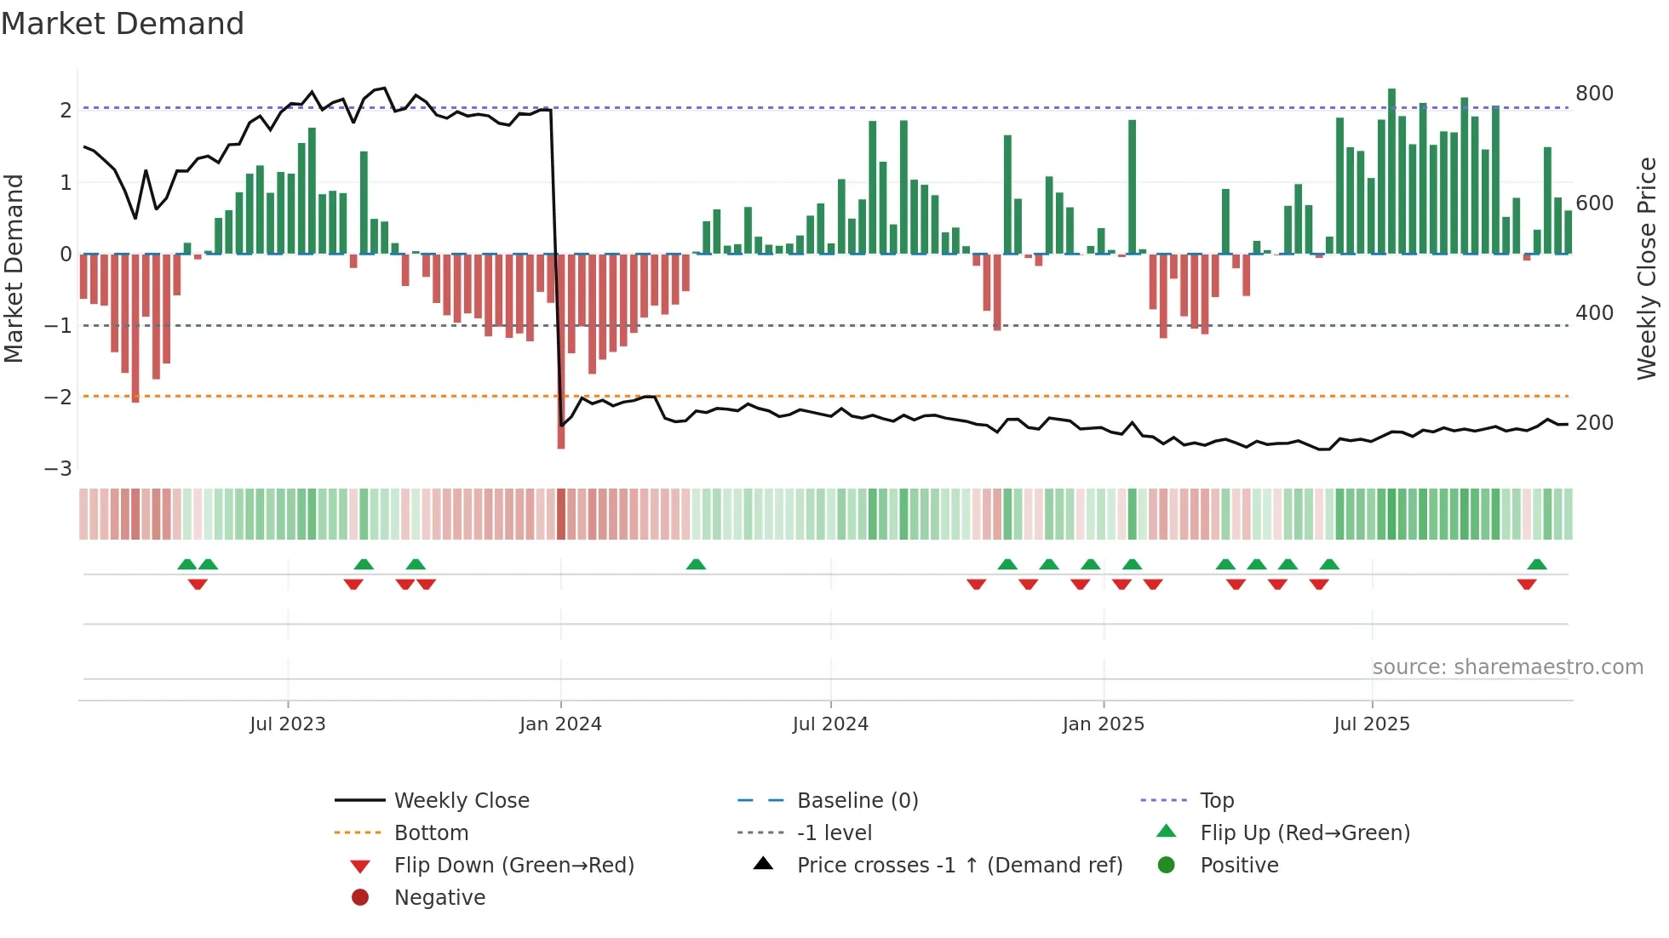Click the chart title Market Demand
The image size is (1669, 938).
(123, 24)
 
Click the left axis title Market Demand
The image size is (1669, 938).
(14, 268)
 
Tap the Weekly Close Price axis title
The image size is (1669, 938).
(1647, 268)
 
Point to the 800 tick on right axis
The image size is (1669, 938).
(1594, 93)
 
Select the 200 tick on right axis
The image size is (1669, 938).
(1594, 423)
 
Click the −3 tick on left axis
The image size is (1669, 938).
(58, 469)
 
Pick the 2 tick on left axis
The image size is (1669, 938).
(65, 110)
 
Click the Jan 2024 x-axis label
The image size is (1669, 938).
(560, 724)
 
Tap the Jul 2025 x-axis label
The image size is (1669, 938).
(1372, 724)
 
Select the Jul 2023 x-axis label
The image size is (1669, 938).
(288, 724)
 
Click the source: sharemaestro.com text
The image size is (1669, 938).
(1507, 667)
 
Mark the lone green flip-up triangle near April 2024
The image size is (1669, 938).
(696, 564)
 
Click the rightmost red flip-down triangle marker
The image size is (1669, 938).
(1526, 584)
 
